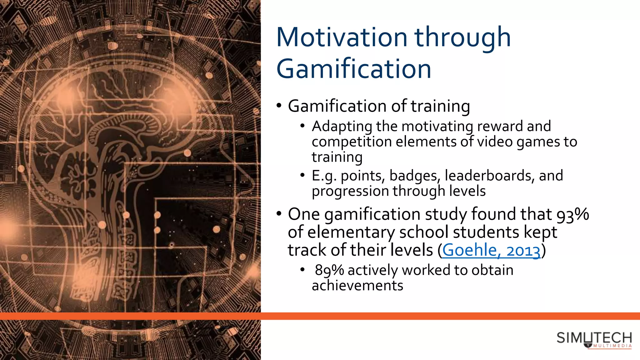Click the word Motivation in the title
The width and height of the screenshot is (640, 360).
click(x=342, y=37)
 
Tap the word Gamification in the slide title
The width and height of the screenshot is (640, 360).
click(x=354, y=69)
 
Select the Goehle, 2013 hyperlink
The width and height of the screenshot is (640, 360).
click(x=491, y=251)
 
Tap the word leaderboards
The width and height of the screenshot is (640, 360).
click(x=488, y=176)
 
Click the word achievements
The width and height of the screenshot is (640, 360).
click(x=357, y=286)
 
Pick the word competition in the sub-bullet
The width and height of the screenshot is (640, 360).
click(x=352, y=142)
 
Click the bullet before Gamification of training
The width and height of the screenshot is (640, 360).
click(x=279, y=106)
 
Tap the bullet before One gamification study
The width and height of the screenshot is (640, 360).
click(x=279, y=214)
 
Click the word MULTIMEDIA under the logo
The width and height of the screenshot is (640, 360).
click(x=612, y=346)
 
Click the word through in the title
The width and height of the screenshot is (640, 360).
click(x=462, y=37)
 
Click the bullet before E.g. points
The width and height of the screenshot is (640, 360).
click(x=302, y=175)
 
